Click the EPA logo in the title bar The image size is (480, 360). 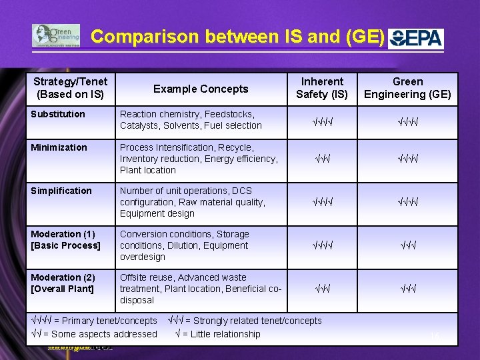click(x=416, y=37)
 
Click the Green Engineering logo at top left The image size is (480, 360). click(x=56, y=36)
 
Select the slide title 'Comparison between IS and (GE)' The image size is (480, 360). click(x=237, y=37)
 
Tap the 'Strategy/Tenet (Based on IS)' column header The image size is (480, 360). click(x=71, y=88)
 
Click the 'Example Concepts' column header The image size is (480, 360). click(x=201, y=89)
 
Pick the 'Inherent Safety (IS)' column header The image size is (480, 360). click(x=322, y=88)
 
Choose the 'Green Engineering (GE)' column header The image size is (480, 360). click(x=407, y=88)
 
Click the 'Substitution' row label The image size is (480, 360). click(x=58, y=114)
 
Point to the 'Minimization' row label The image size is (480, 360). click(x=59, y=147)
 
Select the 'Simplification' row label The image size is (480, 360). click(x=61, y=191)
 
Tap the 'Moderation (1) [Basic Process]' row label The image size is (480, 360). click(x=65, y=240)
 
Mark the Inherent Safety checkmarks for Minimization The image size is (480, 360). click(x=322, y=159)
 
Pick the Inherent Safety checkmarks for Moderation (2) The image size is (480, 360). click(x=322, y=289)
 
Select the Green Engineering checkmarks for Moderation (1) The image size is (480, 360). click(x=407, y=246)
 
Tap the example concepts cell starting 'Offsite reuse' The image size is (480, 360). click(x=200, y=289)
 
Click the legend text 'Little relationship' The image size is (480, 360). click(x=225, y=334)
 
